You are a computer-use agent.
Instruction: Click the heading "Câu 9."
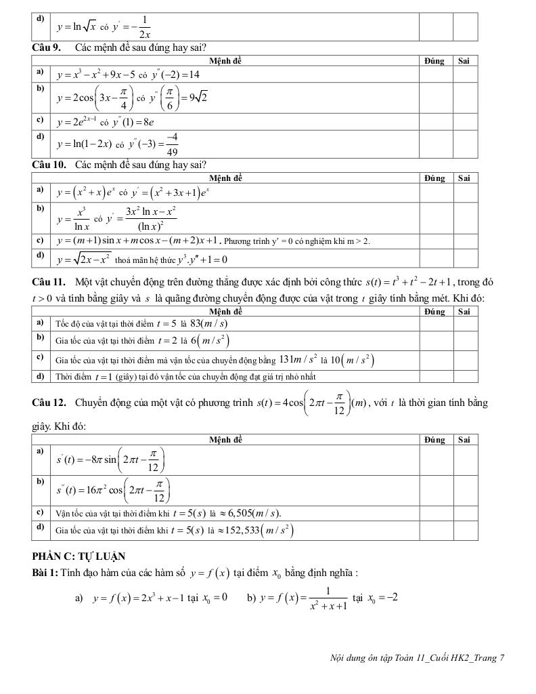[x=45, y=48]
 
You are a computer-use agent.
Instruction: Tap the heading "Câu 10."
[x=47, y=165]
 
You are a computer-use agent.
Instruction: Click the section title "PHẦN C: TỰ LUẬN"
[x=79, y=556]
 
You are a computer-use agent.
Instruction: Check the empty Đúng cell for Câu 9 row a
[x=434, y=74]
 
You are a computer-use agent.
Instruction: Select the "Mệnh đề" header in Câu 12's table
[x=225, y=440]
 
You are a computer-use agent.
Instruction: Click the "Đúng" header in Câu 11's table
[x=434, y=312]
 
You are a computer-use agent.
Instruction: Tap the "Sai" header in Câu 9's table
[x=464, y=60]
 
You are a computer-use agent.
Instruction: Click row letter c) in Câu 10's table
[x=41, y=240]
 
